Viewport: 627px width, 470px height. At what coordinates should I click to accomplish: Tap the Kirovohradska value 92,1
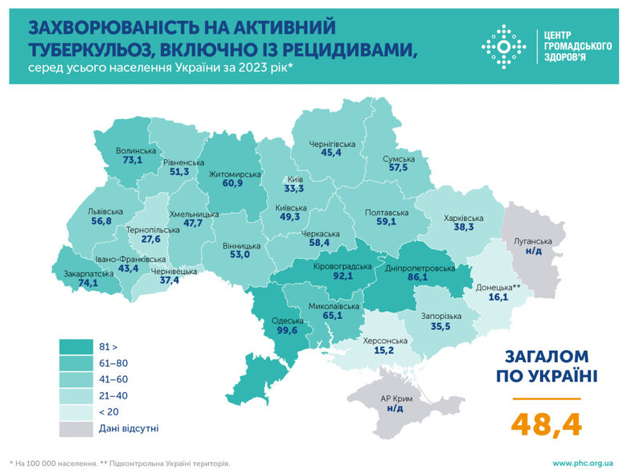click(x=342, y=276)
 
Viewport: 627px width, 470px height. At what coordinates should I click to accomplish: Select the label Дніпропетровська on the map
click(x=420, y=268)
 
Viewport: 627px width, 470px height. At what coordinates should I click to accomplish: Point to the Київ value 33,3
click(x=294, y=190)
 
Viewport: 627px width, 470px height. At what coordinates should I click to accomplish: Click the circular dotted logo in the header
click(x=503, y=47)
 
